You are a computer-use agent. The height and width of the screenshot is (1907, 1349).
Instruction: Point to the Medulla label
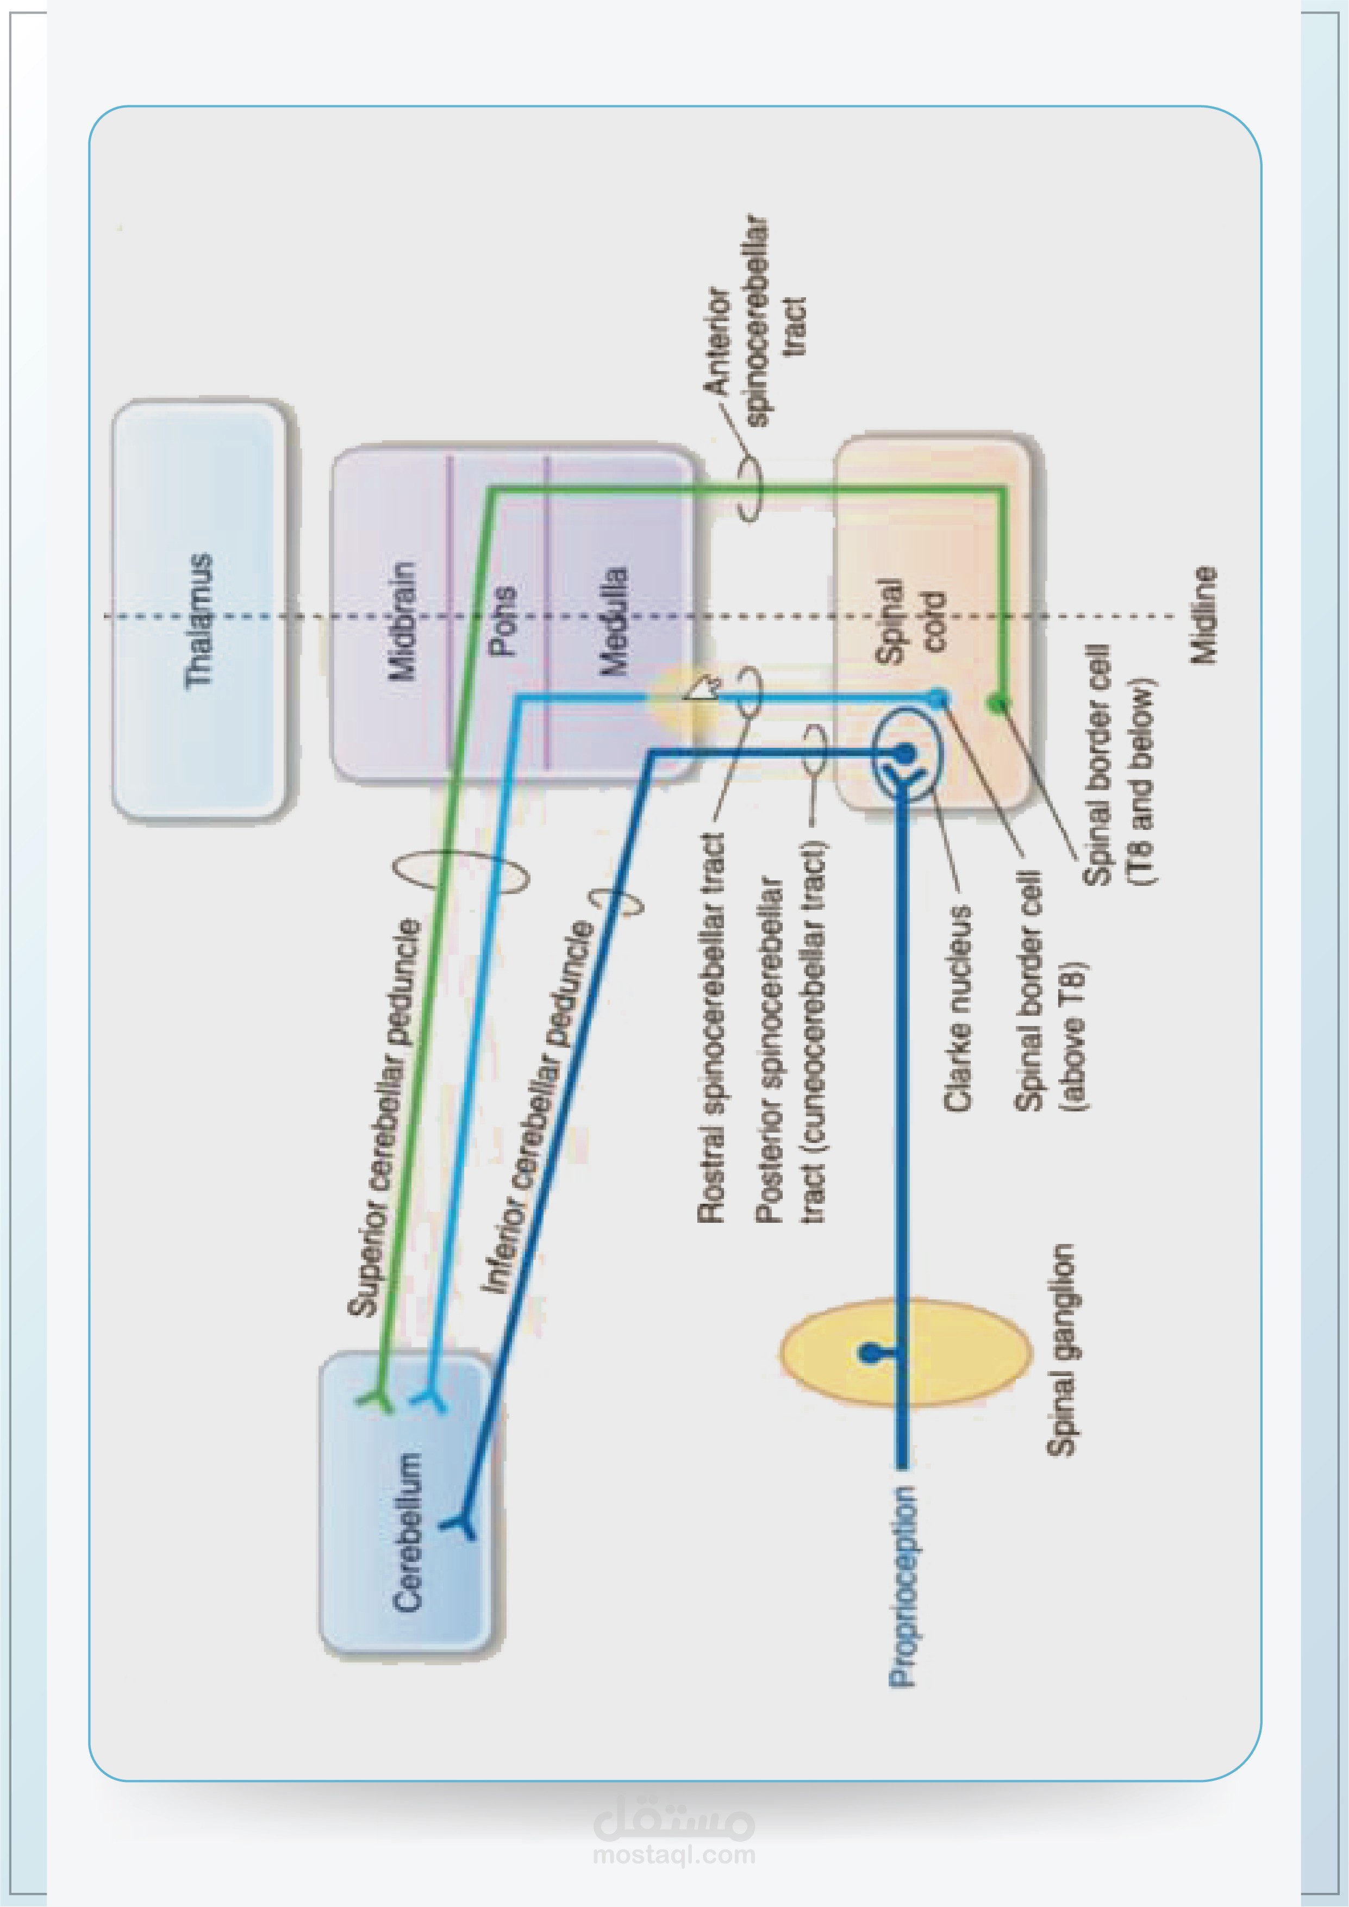(x=615, y=621)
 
